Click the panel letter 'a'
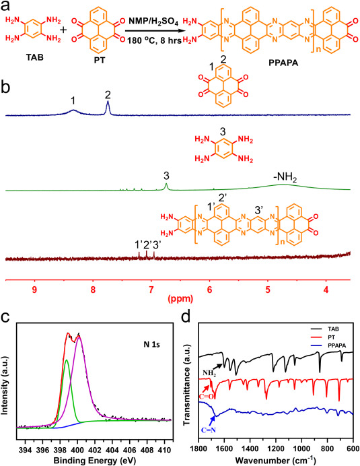[8, 7]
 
